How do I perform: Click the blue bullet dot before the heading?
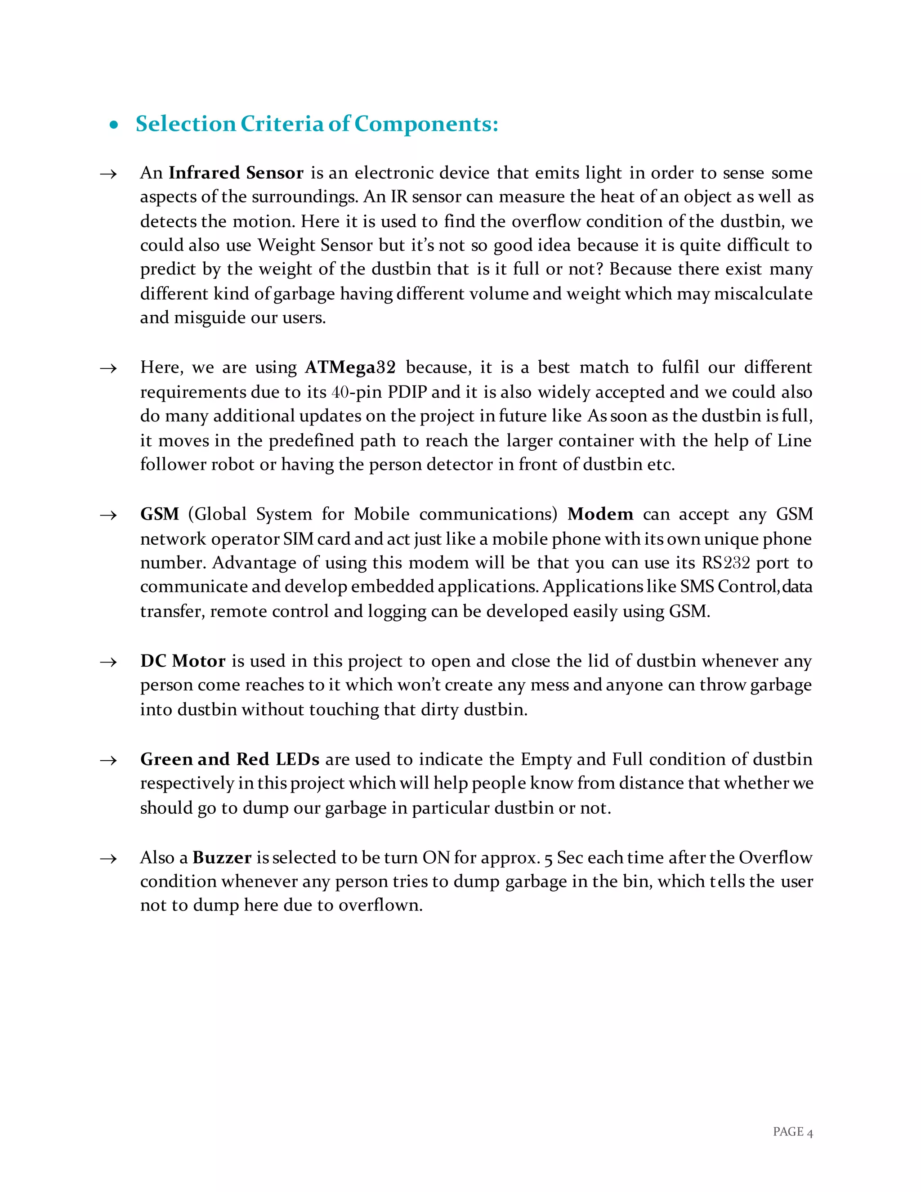[113, 125]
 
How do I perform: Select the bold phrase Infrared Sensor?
[236, 173]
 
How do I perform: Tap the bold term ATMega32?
[350, 367]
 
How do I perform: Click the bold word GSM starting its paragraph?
[159, 514]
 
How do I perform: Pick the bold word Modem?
[600, 514]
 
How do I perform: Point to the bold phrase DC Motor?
[183, 661]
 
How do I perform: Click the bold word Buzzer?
[222, 857]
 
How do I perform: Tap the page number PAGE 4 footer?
[792, 1132]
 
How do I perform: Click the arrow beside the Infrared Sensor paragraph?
[108, 174]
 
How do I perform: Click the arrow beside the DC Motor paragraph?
[108, 662]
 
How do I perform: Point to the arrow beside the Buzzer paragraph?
[108, 859]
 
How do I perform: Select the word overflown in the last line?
[380, 905]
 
